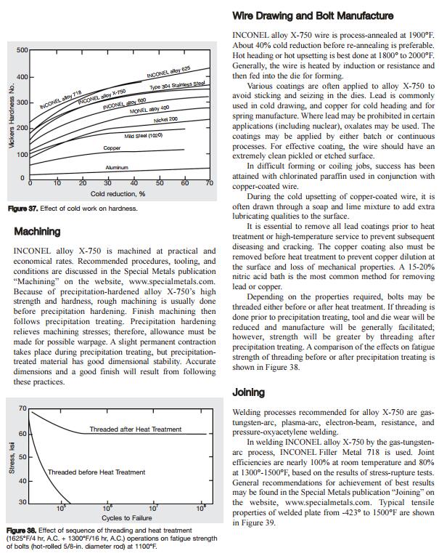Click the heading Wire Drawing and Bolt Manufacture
click(x=312, y=16)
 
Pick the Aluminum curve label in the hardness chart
click(x=117, y=167)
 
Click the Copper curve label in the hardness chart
click(x=112, y=148)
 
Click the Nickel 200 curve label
click(x=165, y=119)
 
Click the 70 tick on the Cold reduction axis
click(x=210, y=183)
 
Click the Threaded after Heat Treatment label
click(x=135, y=429)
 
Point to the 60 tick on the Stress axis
click(x=22, y=434)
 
